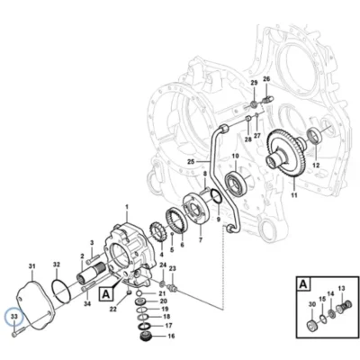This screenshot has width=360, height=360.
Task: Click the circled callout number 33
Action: [x=14, y=316]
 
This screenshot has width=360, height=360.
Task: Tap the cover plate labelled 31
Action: [x=34, y=304]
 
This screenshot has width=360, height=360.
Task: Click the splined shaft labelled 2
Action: [x=91, y=272]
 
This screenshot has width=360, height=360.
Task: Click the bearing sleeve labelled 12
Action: [x=314, y=136]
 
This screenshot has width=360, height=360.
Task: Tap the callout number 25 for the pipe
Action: [x=191, y=162]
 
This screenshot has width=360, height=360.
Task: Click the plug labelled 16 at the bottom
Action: [x=147, y=336]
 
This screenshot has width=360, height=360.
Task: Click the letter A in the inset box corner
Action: [x=303, y=283]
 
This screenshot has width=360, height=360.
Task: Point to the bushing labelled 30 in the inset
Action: [x=312, y=325]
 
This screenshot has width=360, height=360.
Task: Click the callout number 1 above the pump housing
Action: [x=127, y=207]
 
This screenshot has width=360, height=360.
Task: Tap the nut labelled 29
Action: [x=254, y=104]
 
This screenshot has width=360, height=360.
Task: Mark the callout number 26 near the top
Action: [x=266, y=79]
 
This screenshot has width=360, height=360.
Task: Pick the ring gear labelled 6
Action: [x=176, y=219]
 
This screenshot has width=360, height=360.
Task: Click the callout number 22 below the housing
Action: [x=112, y=310]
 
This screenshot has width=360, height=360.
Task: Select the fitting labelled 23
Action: [x=173, y=287]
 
